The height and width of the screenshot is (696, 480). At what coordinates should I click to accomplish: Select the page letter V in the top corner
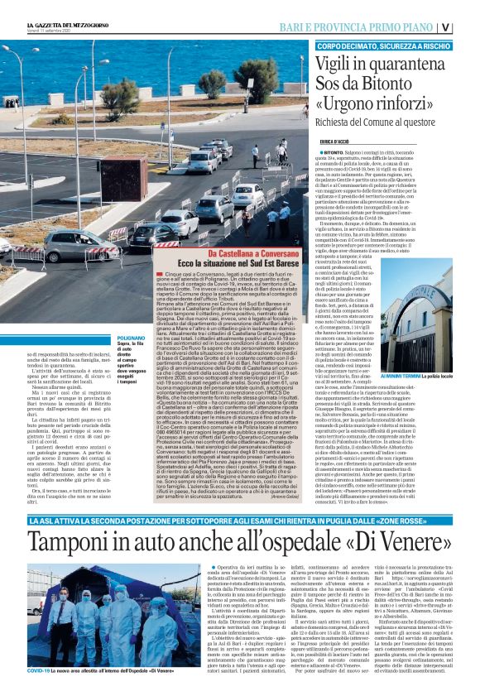[468, 26]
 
